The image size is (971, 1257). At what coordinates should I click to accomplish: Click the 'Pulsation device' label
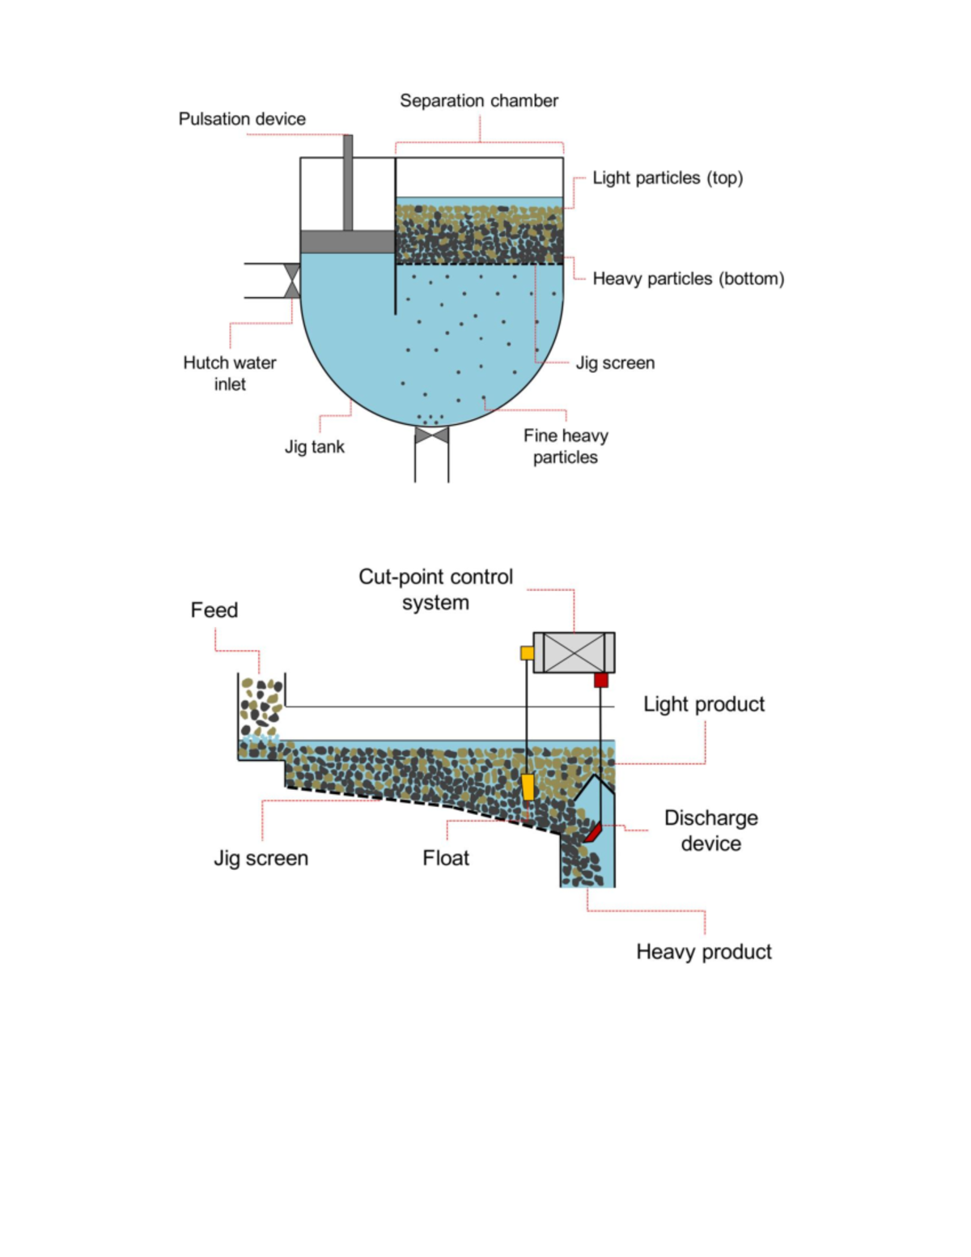tap(242, 119)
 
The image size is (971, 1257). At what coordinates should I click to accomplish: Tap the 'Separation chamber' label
tap(479, 101)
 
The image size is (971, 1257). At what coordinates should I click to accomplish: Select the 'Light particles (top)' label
tap(668, 178)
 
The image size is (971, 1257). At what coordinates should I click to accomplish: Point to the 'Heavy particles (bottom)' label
tap(688, 279)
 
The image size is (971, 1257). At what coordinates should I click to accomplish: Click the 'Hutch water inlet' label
tap(230, 373)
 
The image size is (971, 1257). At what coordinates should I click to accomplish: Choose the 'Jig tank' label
tap(315, 447)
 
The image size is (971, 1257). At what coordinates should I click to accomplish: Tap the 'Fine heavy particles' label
tap(566, 446)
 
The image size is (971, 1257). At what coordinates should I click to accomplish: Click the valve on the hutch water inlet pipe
tap(291, 281)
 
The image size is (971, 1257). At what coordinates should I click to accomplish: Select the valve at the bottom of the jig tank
tap(431, 435)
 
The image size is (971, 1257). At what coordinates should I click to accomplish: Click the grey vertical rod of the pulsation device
tap(348, 183)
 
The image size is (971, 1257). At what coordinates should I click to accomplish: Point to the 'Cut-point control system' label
tap(435, 589)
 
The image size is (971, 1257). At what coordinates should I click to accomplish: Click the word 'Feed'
tap(214, 610)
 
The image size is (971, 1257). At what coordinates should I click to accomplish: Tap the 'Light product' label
tap(704, 704)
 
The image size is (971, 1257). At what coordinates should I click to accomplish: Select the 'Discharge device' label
tap(711, 830)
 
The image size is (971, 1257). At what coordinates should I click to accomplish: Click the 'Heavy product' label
tap(704, 952)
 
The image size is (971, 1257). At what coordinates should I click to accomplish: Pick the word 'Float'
tap(446, 858)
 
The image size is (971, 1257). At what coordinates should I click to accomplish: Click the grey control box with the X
tap(574, 652)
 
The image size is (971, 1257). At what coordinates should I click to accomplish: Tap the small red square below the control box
tap(600, 680)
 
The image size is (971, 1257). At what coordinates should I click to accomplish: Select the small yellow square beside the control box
tap(527, 652)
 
